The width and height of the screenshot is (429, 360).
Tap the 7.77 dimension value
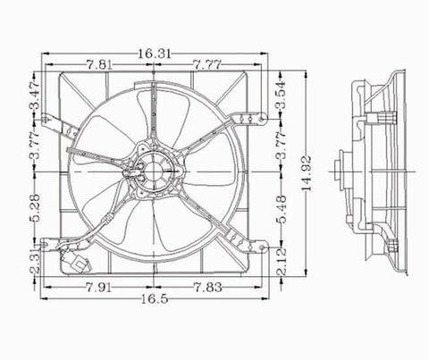click(208, 65)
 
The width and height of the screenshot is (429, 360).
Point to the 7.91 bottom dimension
click(99, 289)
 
